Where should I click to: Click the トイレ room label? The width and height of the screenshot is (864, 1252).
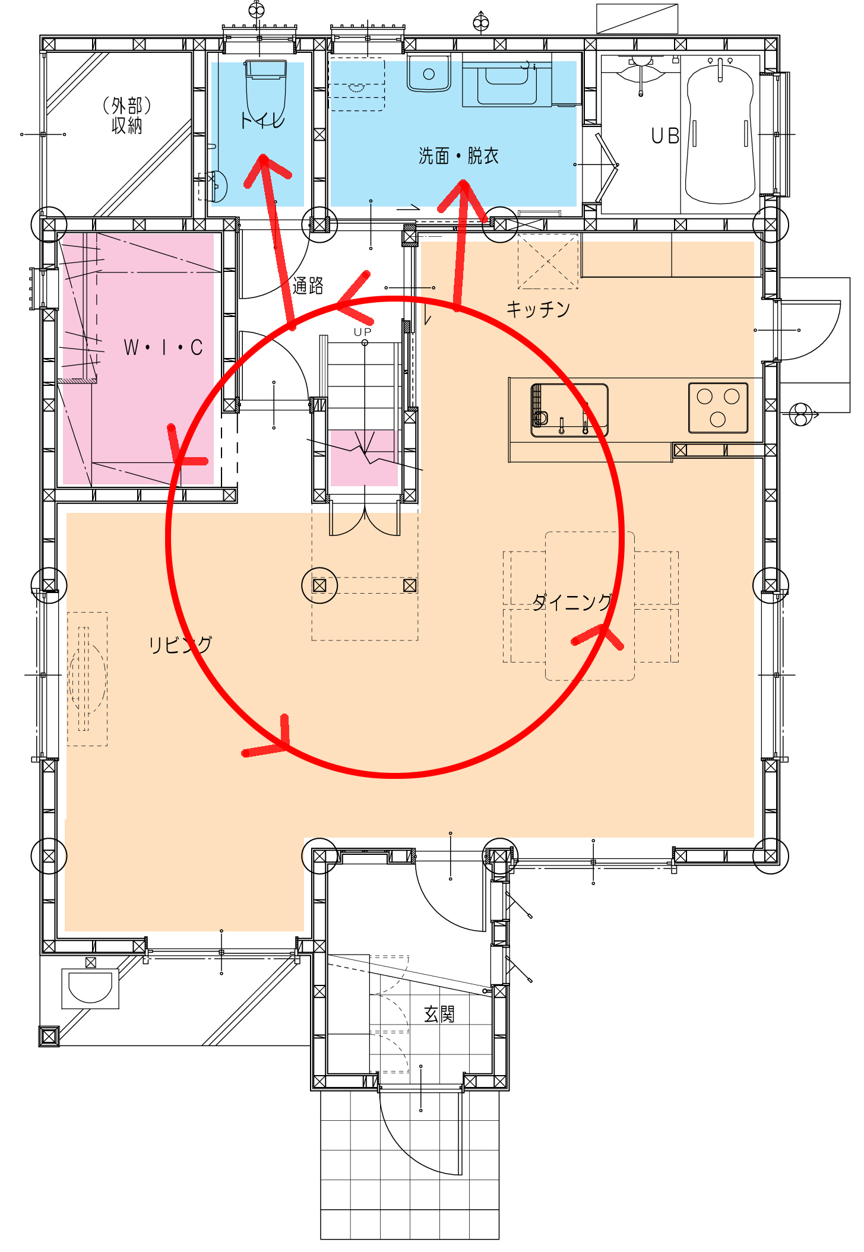[x=262, y=121]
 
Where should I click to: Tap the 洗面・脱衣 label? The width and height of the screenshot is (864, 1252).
[x=458, y=156]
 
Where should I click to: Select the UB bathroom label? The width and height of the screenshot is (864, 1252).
[x=665, y=136]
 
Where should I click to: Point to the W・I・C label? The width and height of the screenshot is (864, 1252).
[x=163, y=347]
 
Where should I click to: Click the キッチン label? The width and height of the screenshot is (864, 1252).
[x=538, y=309]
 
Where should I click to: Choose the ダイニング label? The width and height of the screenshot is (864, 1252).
[x=572, y=602]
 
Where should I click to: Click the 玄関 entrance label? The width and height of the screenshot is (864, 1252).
[x=439, y=1014]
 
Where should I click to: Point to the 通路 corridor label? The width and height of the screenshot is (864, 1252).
[x=308, y=286]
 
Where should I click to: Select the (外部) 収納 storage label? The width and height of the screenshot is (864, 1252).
[x=126, y=116]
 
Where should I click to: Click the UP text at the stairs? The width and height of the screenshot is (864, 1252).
[x=362, y=332]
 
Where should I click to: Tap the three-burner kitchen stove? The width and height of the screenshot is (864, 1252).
[x=718, y=408]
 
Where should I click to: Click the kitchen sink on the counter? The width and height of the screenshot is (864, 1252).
[x=569, y=410]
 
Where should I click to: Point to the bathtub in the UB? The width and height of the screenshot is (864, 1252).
[x=720, y=133]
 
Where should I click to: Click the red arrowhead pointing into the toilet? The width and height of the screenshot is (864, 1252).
[x=265, y=169]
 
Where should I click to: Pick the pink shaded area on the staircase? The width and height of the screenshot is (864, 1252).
[x=363, y=458]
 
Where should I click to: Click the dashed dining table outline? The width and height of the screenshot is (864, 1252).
[x=590, y=606]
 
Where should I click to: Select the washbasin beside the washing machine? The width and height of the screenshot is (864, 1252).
[x=429, y=73]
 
